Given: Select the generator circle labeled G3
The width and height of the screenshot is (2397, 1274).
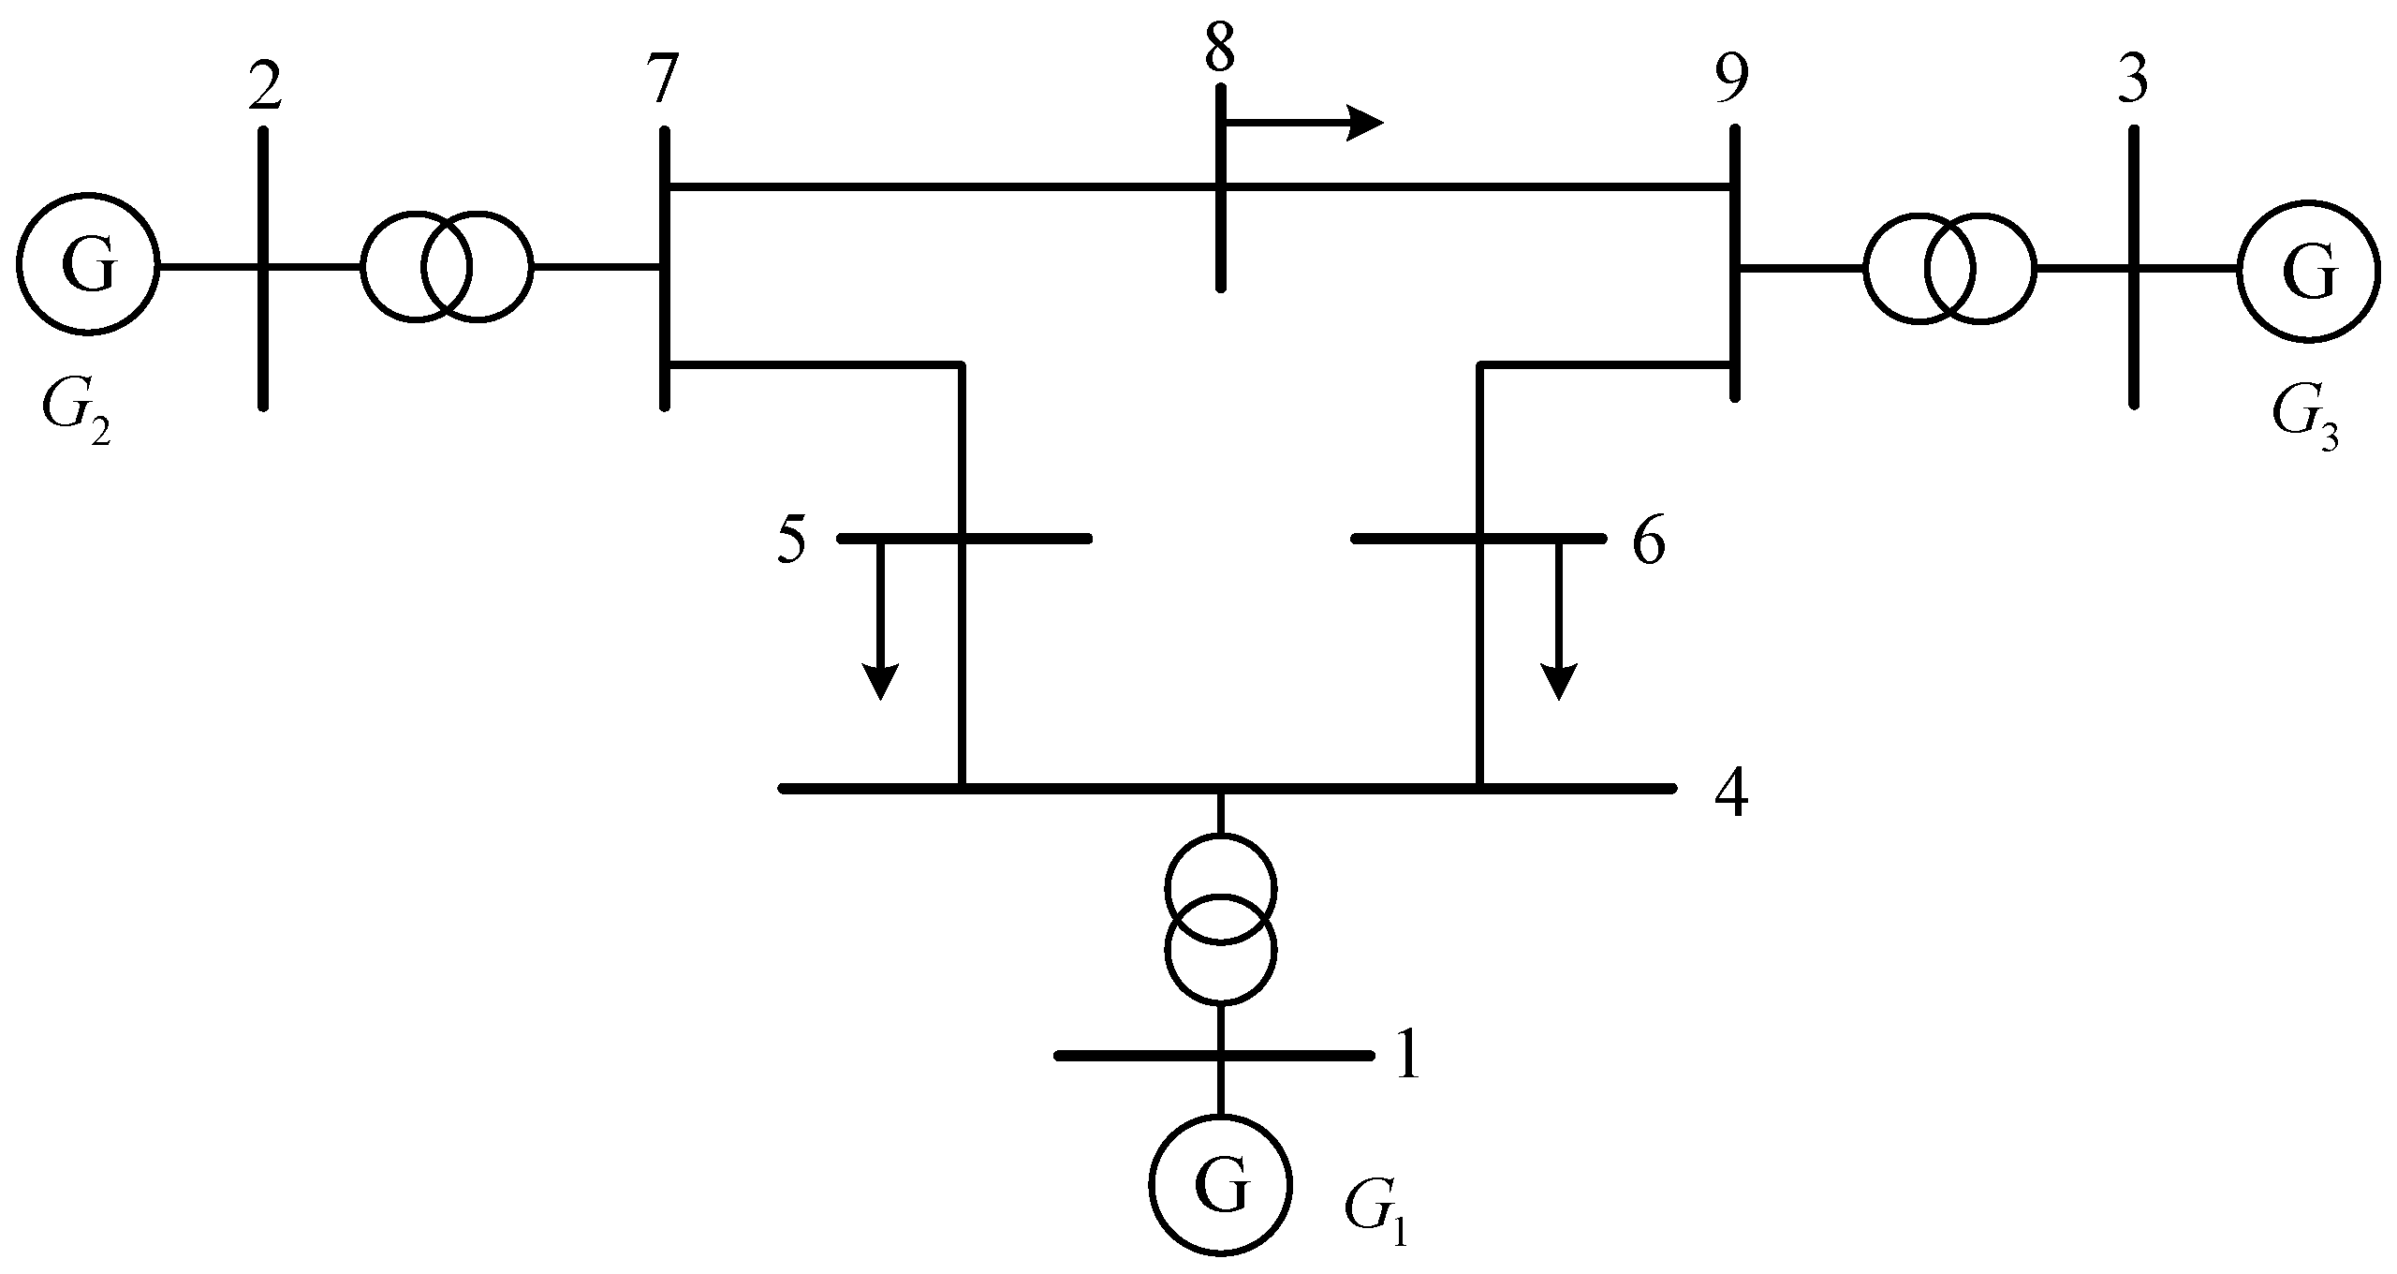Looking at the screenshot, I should pos(2308,272).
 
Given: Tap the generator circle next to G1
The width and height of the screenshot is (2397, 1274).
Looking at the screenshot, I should pos(1221,1185).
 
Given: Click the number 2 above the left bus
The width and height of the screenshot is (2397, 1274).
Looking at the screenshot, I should pos(265,89).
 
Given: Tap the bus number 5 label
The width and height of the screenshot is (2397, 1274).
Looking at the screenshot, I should pos(791,541).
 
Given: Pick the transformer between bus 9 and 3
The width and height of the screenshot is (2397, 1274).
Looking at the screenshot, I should pos(1949,268).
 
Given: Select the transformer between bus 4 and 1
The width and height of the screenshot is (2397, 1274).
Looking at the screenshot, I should pos(1220,920).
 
